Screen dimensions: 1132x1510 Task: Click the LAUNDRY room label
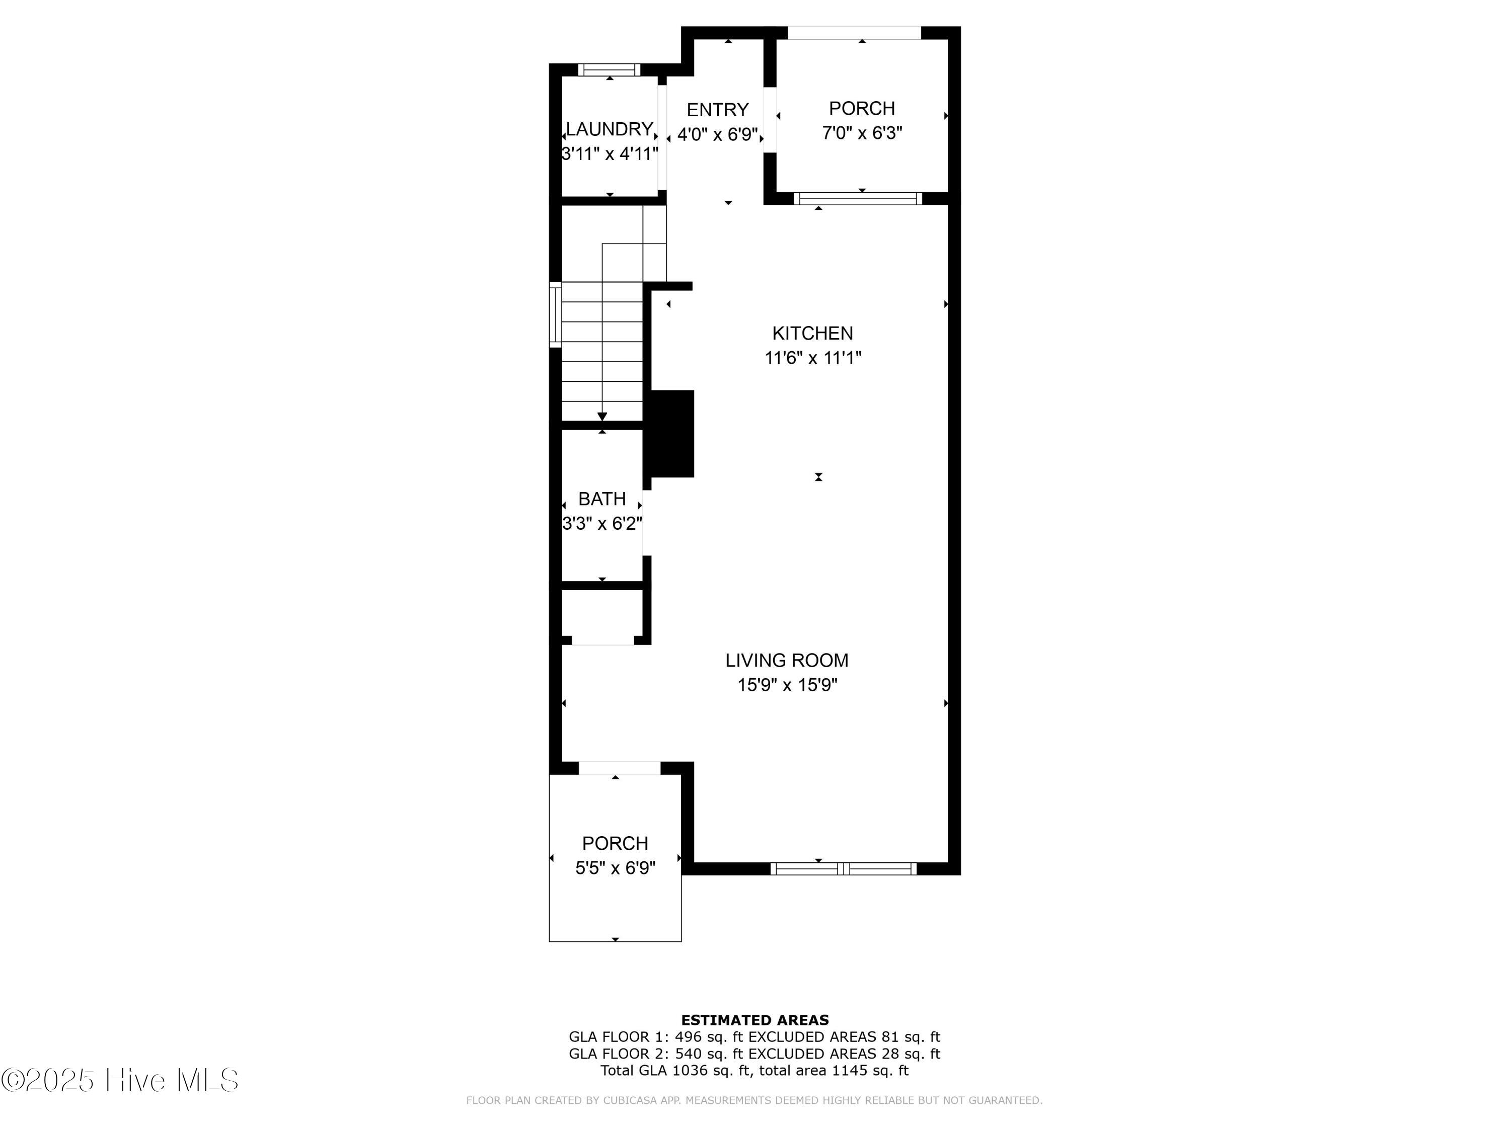click(609, 129)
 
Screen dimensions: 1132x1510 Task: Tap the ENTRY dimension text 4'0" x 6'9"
click(717, 134)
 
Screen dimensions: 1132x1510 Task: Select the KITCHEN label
click(812, 333)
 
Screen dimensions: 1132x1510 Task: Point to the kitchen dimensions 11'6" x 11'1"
click(812, 358)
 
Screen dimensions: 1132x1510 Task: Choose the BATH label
click(601, 499)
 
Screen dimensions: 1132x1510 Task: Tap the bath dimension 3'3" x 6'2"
click(601, 523)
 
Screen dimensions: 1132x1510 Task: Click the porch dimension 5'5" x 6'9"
click(615, 868)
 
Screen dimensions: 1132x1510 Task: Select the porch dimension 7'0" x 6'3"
click(862, 132)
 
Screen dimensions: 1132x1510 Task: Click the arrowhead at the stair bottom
click(602, 416)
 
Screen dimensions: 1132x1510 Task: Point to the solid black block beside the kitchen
click(672, 433)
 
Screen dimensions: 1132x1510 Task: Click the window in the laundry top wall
click(609, 69)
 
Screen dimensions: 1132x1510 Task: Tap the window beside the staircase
click(556, 314)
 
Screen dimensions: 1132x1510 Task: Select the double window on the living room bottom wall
click(843, 868)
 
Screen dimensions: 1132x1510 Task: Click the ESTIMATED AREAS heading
click(754, 1020)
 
